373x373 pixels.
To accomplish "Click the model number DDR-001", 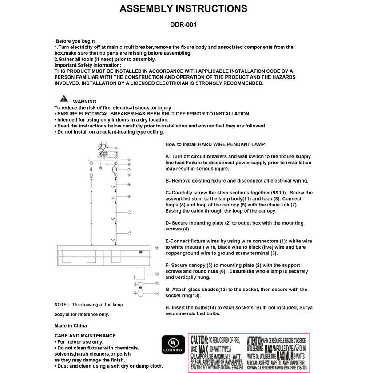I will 183,25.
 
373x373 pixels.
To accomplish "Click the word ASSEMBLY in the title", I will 151,9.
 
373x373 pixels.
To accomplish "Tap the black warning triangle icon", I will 64,99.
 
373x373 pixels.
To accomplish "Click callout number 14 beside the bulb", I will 156,294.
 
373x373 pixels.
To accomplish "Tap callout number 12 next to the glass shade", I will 156,274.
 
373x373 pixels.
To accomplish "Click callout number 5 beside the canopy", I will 128,159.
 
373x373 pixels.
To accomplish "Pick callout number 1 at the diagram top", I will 116,147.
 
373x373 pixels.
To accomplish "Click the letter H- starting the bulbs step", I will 168,308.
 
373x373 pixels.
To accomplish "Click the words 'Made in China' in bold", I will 70,325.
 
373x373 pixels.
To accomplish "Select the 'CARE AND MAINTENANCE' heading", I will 85,336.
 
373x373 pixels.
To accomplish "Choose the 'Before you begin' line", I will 75,41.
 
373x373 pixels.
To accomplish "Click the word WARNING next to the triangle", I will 84,102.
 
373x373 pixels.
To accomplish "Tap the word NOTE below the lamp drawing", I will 61,305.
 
